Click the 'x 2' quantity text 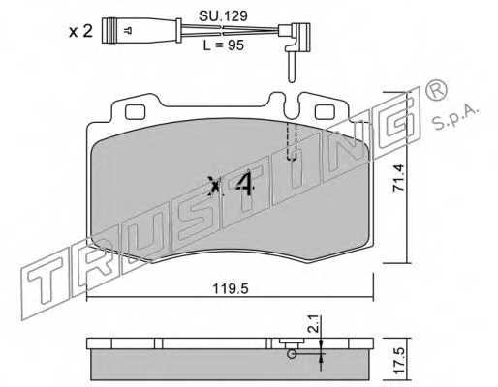81,30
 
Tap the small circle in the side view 290,353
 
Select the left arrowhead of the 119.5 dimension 93,297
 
